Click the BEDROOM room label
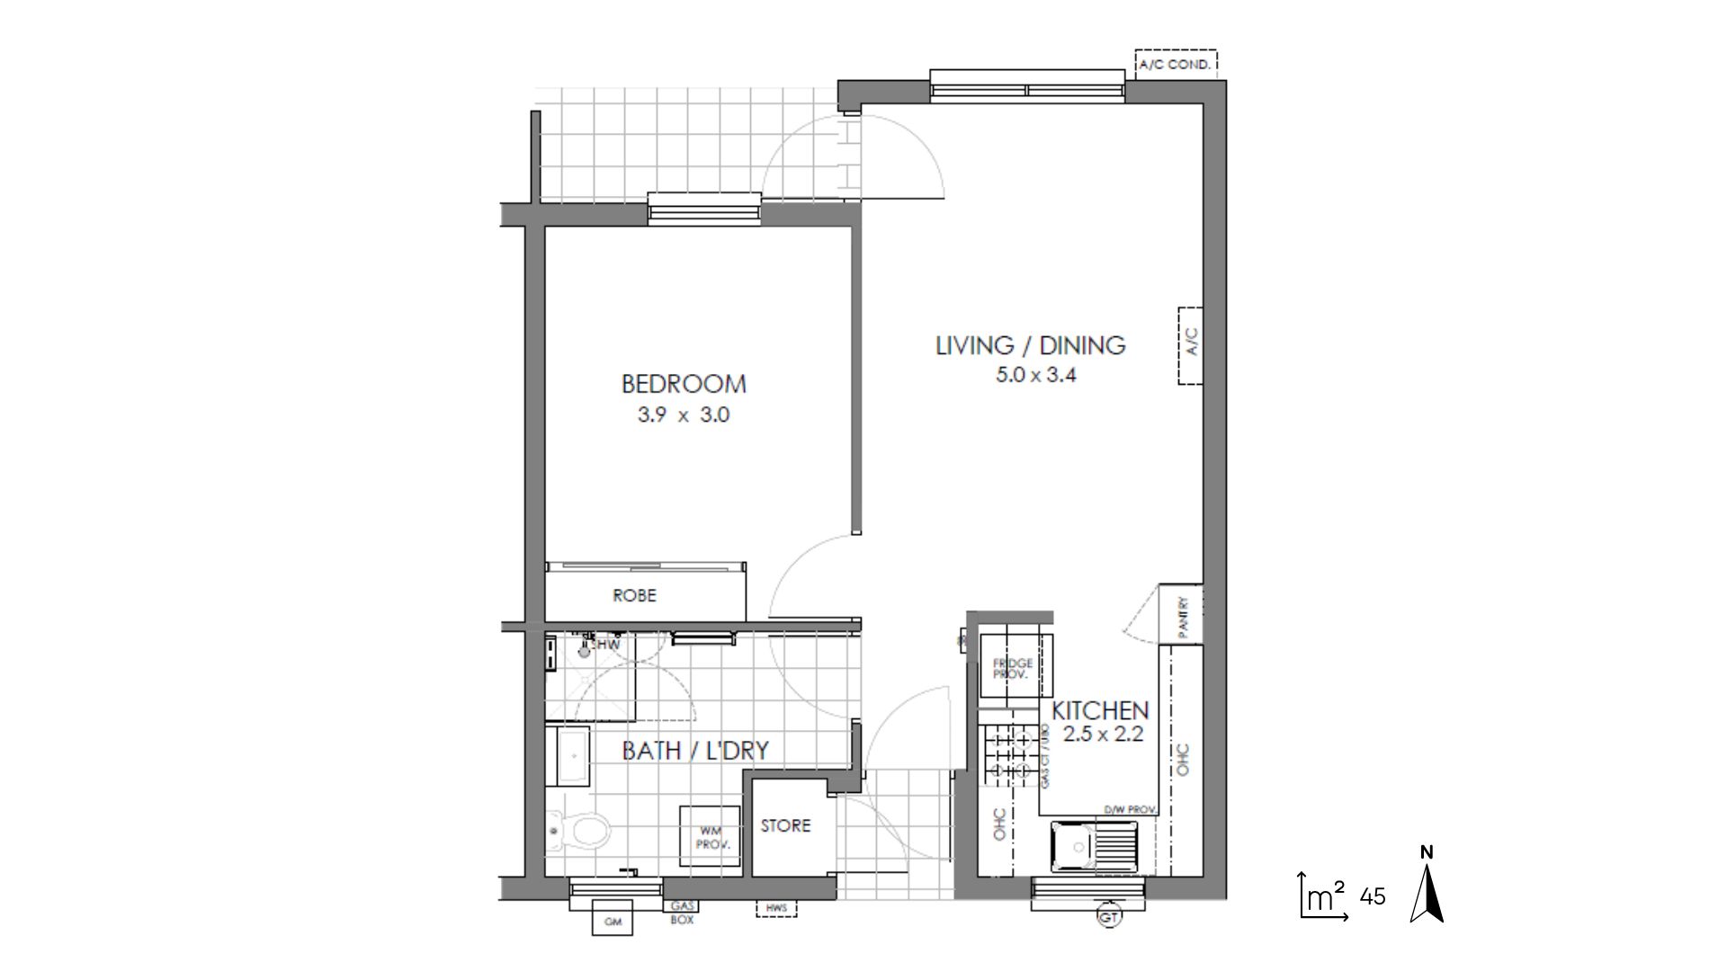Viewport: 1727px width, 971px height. (684, 384)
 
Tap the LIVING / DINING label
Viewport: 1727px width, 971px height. (1030, 345)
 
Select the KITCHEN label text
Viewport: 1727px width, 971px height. (1100, 710)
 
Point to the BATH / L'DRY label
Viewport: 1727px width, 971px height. (695, 751)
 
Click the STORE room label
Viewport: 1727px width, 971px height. (785, 825)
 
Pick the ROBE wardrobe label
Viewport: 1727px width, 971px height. (634, 595)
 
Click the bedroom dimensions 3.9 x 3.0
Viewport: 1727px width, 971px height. (684, 415)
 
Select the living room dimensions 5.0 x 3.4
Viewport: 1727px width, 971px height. (1035, 375)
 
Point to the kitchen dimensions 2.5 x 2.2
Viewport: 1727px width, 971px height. (1103, 734)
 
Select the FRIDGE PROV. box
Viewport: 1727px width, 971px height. (1013, 667)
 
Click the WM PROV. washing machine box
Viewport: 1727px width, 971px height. (710, 837)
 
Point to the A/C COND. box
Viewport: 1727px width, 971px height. (1175, 65)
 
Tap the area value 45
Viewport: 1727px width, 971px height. (1373, 896)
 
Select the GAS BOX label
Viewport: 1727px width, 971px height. (681, 913)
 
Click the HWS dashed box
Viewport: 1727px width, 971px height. (776, 909)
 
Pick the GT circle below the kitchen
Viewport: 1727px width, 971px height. (1109, 917)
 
